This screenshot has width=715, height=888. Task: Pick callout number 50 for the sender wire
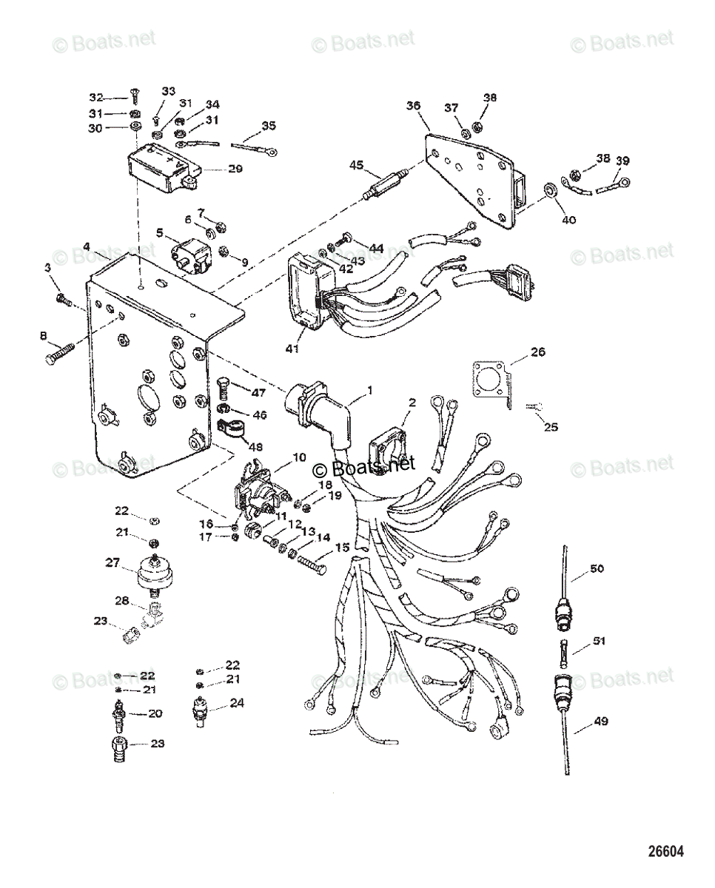(x=597, y=569)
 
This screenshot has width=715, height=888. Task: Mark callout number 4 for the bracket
(x=87, y=246)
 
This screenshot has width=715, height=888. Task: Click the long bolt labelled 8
(x=59, y=355)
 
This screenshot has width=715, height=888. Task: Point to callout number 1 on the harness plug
(x=369, y=389)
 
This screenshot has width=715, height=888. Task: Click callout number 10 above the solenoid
(x=298, y=459)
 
